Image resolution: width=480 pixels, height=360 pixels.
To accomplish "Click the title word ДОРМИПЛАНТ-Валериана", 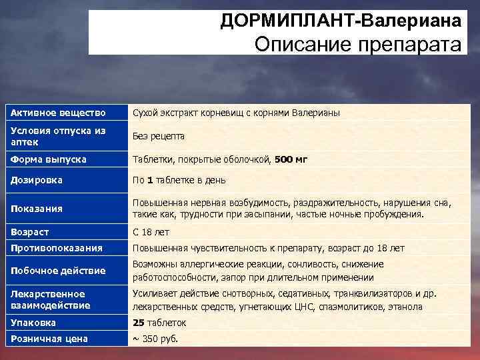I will tap(342, 22).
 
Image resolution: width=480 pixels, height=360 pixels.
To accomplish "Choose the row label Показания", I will tap(36, 209).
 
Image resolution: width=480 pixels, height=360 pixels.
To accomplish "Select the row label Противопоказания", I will tap(57, 248).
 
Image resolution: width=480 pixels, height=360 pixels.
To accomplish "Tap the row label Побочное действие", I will tap(58, 271).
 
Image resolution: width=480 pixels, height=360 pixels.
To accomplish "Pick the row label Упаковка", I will tap(33, 323).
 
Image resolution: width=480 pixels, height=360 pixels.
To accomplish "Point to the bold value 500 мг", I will tap(291, 160).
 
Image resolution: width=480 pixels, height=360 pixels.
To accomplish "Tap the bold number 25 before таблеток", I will tap(139, 323).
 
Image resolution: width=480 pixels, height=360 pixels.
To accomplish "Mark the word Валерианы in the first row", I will tap(318, 113).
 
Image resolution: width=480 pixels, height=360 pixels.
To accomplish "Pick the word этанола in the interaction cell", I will tap(404, 307).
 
